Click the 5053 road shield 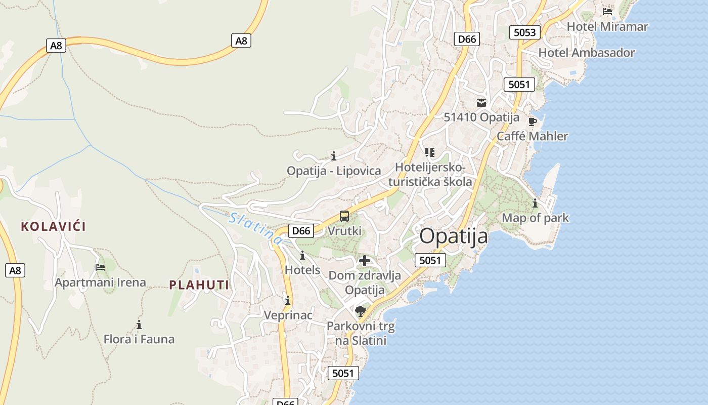[x=524, y=32]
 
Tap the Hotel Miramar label [x=607, y=26]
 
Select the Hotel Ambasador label [x=586, y=53]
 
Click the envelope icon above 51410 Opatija [x=481, y=103]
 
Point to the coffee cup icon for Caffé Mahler [x=532, y=121]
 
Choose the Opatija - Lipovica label [x=334, y=171]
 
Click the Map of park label [x=535, y=218]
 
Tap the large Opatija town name [x=454, y=236]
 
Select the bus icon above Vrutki [x=344, y=216]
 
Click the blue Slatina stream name [x=255, y=229]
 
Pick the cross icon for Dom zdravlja [x=364, y=261]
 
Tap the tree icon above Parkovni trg [x=360, y=311]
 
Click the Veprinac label [x=288, y=315]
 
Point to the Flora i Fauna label [x=139, y=339]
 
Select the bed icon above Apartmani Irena [x=100, y=267]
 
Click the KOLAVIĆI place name [x=53, y=226]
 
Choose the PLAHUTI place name [x=199, y=285]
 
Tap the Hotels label [x=302, y=269]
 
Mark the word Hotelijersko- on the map [x=430, y=167]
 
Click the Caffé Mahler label [x=532, y=136]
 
